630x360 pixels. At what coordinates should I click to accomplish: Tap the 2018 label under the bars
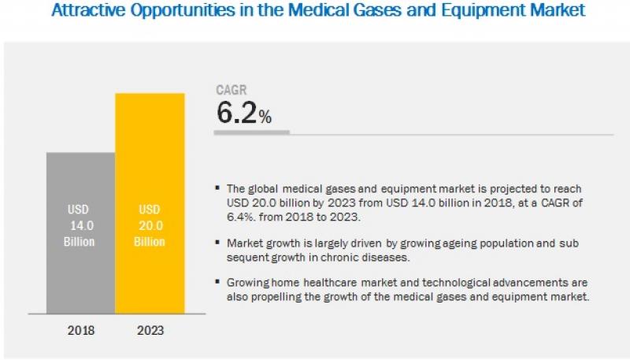coord(80,330)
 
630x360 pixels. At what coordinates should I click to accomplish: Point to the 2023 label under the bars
coord(150,330)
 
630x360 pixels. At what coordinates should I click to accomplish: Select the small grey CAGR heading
coord(232,91)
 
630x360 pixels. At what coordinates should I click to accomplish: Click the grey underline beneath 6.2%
coord(252,132)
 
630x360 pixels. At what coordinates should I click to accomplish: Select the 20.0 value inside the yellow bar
coord(150,225)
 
